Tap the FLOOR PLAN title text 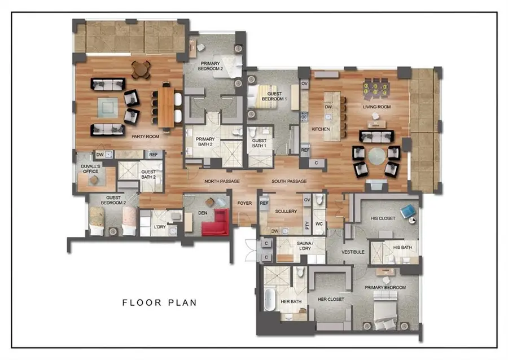160,302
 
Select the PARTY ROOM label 144,137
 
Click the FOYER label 244,203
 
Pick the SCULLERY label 286,212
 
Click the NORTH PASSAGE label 222,181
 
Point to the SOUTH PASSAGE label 289,181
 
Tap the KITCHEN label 321,129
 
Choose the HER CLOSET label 330,299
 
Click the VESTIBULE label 353,252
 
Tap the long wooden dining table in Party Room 167,106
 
